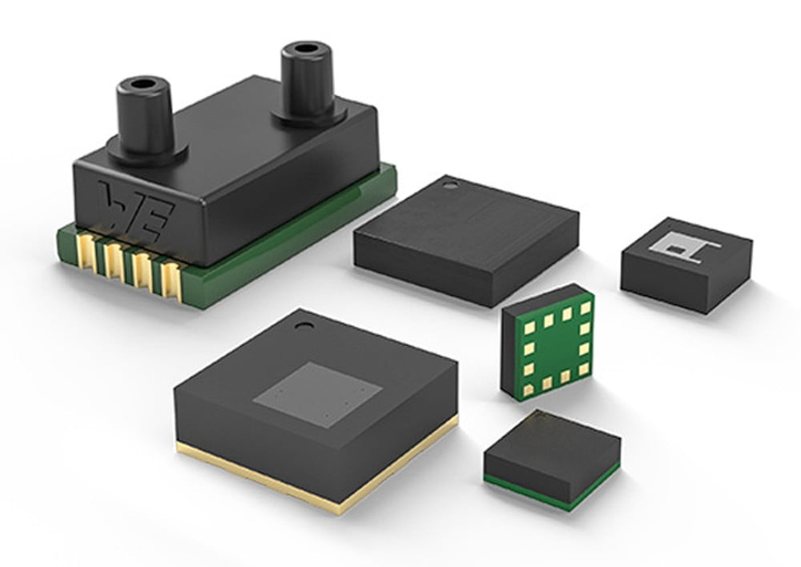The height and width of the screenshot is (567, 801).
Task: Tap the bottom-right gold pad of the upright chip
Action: coord(583,371)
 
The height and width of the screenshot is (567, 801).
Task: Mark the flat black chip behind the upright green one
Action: coord(466,234)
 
